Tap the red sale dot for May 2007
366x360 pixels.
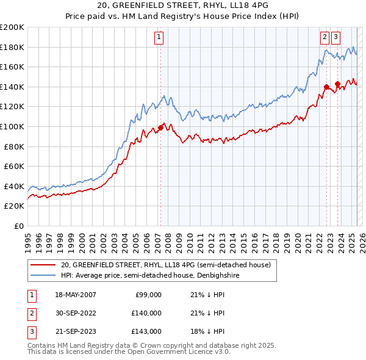pos(160,128)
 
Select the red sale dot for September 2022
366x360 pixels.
pos(326,87)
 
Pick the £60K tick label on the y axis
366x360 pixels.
pos(14,166)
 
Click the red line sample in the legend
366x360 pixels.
pos(43,265)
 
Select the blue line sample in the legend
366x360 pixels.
pos(43,275)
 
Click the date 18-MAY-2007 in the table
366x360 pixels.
pos(76,295)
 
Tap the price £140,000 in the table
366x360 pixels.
pos(146,313)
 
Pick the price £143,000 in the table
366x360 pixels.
pos(146,331)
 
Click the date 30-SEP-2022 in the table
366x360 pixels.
pos(76,313)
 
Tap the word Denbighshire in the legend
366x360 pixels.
pos(217,275)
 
